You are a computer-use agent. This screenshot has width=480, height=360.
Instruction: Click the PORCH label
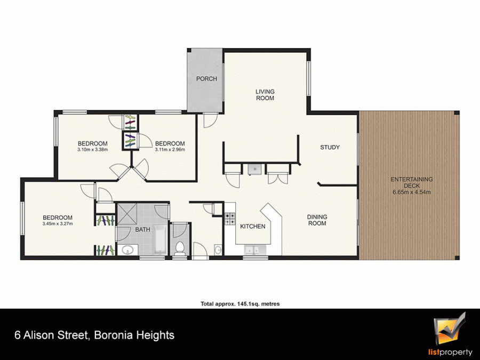pyautogui.click(x=206, y=79)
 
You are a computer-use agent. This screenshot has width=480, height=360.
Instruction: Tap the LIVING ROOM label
pyautogui.click(x=265, y=95)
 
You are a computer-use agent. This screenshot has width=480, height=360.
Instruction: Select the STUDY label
pyautogui.click(x=330, y=147)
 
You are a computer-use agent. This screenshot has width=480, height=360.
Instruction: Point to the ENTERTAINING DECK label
pyautogui.click(x=411, y=182)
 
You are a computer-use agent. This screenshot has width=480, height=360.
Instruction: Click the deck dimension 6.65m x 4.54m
pyautogui.click(x=411, y=192)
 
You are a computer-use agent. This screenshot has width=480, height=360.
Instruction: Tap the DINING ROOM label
pyautogui.click(x=317, y=220)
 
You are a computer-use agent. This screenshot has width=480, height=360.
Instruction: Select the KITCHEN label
pyautogui.click(x=252, y=227)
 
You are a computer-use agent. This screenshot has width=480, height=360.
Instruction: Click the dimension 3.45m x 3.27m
pyautogui.click(x=58, y=224)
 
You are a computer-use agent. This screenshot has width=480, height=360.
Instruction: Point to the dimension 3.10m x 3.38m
pyautogui.click(x=93, y=150)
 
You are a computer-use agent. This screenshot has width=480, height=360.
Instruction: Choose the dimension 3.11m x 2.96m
pyautogui.click(x=170, y=150)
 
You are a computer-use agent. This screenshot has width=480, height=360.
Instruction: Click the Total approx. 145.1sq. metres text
pyautogui.click(x=240, y=303)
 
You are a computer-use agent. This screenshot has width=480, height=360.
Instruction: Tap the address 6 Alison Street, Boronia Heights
pyautogui.click(x=94, y=335)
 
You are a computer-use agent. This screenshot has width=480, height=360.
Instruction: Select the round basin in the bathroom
pyautogui.click(x=126, y=251)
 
